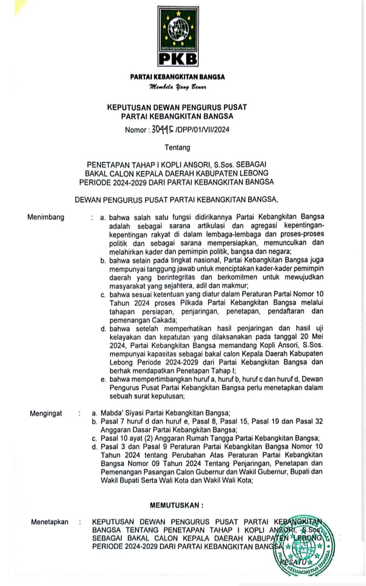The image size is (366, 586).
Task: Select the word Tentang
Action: click(177, 148)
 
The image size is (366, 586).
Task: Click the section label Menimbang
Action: click(46, 217)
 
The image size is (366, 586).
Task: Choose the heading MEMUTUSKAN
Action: click(176, 505)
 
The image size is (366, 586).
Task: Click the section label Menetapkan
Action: click(49, 522)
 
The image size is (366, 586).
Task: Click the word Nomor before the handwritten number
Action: click(135, 130)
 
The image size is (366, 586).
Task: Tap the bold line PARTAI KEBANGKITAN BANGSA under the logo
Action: click(177, 77)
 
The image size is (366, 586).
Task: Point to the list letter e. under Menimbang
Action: click(103, 379)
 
